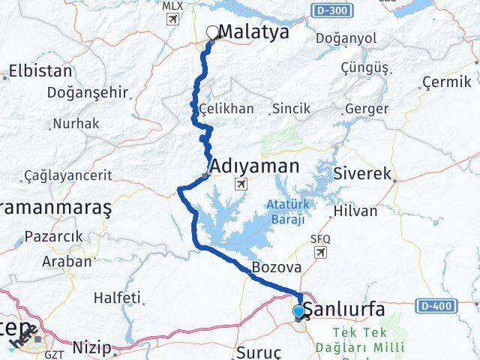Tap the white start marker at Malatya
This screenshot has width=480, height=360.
click(x=212, y=32)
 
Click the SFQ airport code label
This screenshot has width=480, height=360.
click(x=320, y=238)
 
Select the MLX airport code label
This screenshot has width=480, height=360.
click(x=172, y=5)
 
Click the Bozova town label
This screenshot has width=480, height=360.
click(x=277, y=268)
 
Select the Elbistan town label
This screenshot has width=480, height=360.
click(x=40, y=71)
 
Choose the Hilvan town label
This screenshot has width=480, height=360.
click(x=355, y=211)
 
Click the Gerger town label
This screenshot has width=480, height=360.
click(x=367, y=109)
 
